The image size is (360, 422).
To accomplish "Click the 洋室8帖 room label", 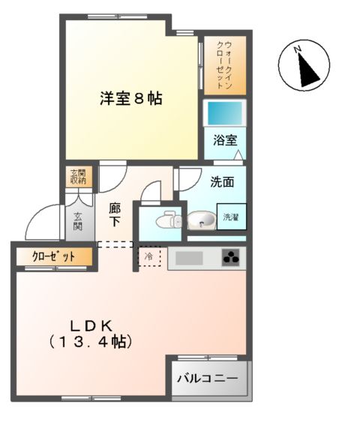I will click(131, 98).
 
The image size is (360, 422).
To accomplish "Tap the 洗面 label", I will click(222, 181).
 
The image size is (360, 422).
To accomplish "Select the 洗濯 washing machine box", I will click(231, 217).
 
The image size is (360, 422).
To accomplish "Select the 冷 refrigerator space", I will click(148, 257).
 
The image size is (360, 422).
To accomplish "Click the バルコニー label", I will click(208, 379).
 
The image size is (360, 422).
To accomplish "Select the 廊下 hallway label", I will click(115, 215).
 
